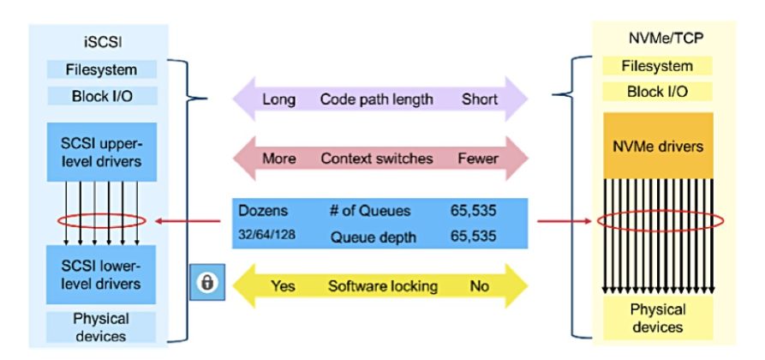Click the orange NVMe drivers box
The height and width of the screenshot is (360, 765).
658,145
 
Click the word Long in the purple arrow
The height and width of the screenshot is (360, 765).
278,99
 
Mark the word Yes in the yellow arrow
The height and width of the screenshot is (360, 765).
283,285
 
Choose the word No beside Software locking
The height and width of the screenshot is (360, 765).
479,285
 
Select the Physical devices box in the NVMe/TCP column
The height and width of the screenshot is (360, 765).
658,318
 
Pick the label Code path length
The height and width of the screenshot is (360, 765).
378,99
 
